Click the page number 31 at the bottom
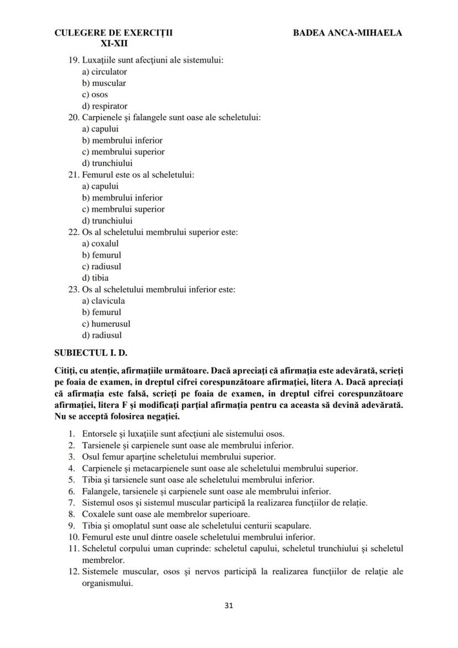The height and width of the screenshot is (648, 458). pos(229,605)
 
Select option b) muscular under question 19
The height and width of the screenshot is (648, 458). pos(104,83)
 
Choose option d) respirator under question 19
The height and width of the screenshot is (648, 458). pos(105,106)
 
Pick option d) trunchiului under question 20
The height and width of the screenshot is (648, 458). pos(107,163)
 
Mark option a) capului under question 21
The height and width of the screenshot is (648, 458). pos(100,186)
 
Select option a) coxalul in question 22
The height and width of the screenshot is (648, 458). pos(100,243)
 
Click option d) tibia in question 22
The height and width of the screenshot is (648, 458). pos(95,278)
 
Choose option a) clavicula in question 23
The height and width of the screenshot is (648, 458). pos(103,301)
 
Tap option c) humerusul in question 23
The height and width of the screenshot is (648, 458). pos(106,324)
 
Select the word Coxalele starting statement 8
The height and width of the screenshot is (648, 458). pos(98,514)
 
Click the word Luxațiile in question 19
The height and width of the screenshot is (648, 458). pos(100,60)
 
